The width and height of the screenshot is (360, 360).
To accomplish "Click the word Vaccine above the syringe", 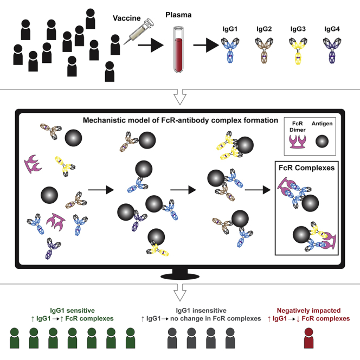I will [126, 18].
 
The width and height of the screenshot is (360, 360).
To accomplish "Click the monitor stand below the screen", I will [180, 272].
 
